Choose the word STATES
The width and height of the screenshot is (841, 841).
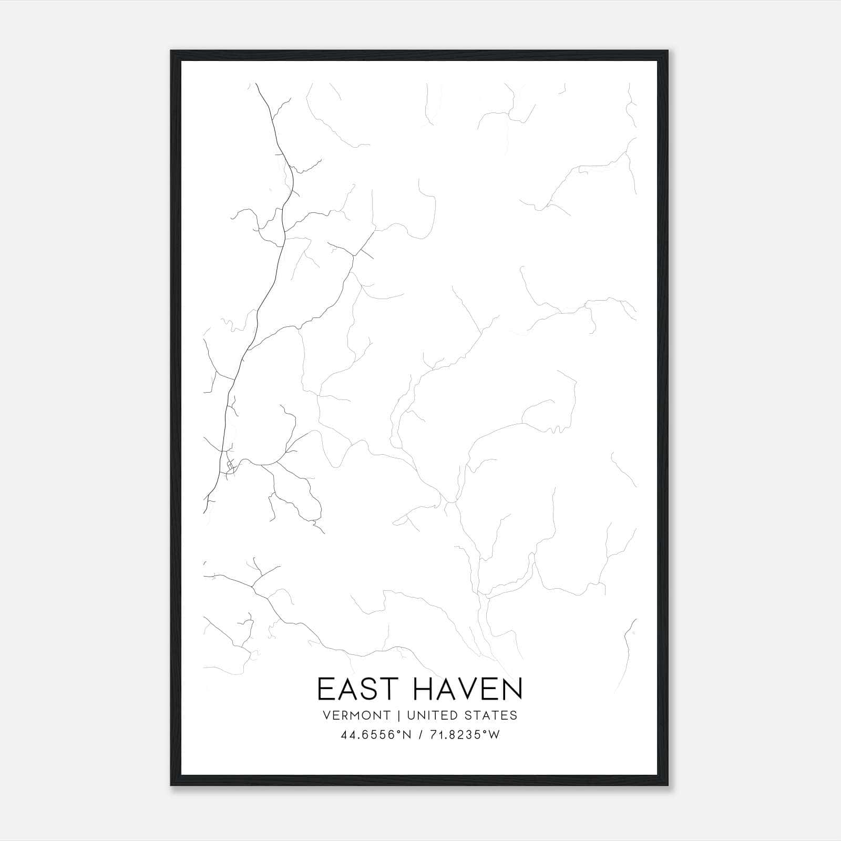coord(491,715)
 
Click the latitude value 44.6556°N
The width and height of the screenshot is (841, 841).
coord(376,735)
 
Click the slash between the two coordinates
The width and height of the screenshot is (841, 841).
coord(420,735)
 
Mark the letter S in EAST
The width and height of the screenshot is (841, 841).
coord(369,689)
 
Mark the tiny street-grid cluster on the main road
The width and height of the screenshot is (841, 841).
coord(230,465)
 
